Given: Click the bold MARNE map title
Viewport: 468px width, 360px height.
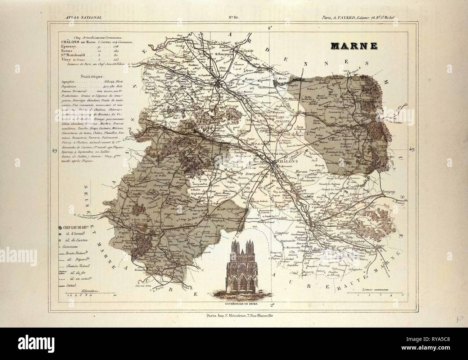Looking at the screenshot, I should (x=354, y=46).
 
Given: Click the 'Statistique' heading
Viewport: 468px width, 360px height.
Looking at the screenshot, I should (x=92, y=76).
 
